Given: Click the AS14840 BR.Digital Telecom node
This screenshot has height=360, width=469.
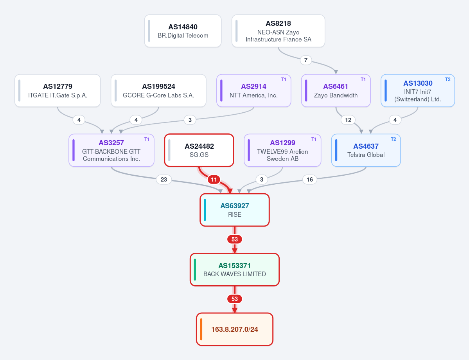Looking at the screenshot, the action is [x=183, y=31].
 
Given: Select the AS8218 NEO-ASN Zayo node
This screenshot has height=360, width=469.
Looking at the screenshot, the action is [x=278, y=31].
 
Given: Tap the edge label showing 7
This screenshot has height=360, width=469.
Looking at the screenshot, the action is [x=305, y=60].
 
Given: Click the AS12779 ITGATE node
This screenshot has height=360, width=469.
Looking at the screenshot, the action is [x=58, y=91].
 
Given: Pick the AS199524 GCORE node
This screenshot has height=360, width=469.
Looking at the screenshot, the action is [x=158, y=91].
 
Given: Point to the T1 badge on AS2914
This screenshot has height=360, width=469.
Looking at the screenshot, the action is [x=284, y=79].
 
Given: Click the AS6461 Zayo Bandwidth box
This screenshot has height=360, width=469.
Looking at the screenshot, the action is [x=336, y=91].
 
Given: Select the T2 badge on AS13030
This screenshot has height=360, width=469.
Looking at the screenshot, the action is [x=448, y=79].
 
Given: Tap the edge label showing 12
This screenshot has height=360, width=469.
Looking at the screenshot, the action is [x=348, y=120].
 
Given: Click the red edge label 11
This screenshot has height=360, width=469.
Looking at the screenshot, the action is [x=214, y=180].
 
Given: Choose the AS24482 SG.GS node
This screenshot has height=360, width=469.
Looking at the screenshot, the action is [x=199, y=150].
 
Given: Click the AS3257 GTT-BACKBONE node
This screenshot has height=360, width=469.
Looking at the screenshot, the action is [x=111, y=150].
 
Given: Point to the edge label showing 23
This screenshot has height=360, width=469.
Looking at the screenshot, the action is [x=164, y=180].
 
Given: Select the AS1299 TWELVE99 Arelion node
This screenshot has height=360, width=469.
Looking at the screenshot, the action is [x=282, y=150].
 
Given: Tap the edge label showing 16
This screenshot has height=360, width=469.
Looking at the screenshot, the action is [x=309, y=180].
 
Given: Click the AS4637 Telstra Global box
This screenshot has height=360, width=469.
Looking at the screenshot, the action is [x=366, y=150].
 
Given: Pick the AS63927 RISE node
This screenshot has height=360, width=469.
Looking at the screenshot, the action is [x=235, y=210].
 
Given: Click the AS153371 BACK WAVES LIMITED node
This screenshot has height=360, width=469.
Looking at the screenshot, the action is [x=235, y=270].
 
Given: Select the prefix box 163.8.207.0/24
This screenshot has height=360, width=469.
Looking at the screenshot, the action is [x=235, y=329].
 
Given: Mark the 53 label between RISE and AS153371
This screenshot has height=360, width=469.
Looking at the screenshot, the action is [x=235, y=239].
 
